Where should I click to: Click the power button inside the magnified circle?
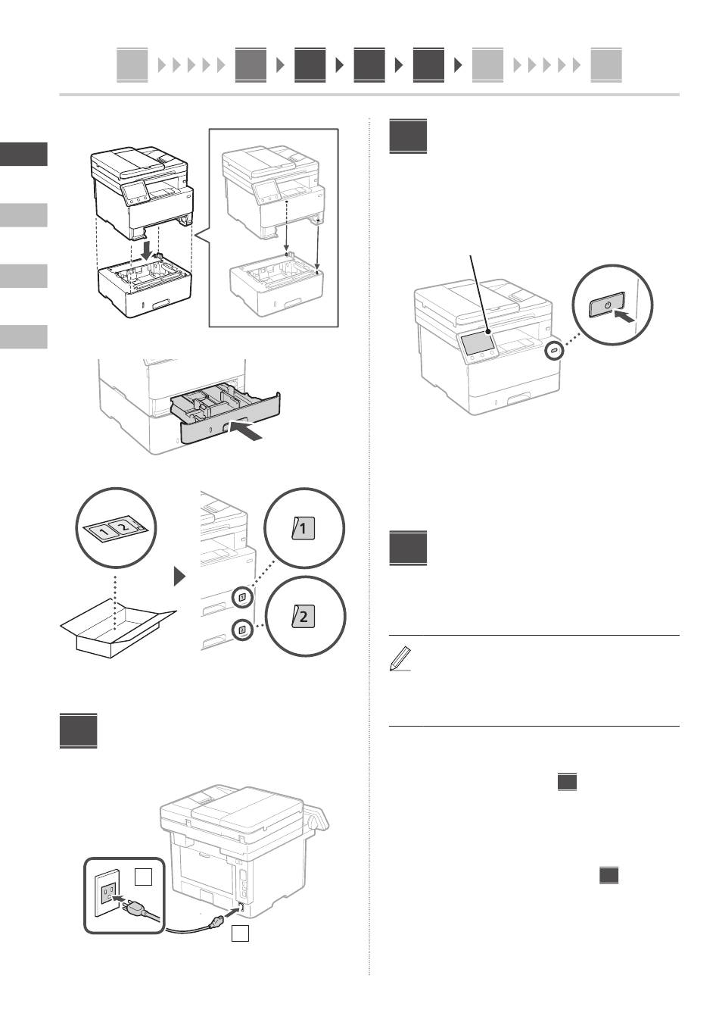pyautogui.click(x=607, y=305)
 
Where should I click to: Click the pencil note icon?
pyautogui.click(x=400, y=658)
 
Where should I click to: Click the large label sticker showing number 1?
pyautogui.click(x=303, y=528)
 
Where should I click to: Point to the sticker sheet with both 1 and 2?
pyautogui.click(x=115, y=528)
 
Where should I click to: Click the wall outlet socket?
pyautogui.click(x=107, y=893)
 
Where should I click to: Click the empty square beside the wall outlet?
pyautogui.click(x=143, y=877)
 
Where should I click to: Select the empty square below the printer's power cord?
pyautogui.click(x=240, y=933)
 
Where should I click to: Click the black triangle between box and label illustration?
pyautogui.click(x=180, y=577)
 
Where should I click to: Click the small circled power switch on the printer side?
pyautogui.click(x=554, y=351)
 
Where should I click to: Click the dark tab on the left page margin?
pyautogui.click(x=23, y=155)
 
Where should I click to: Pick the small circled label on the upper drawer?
pyautogui.click(x=243, y=597)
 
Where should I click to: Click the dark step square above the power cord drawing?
pyautogui.click(x=79, y=730)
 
